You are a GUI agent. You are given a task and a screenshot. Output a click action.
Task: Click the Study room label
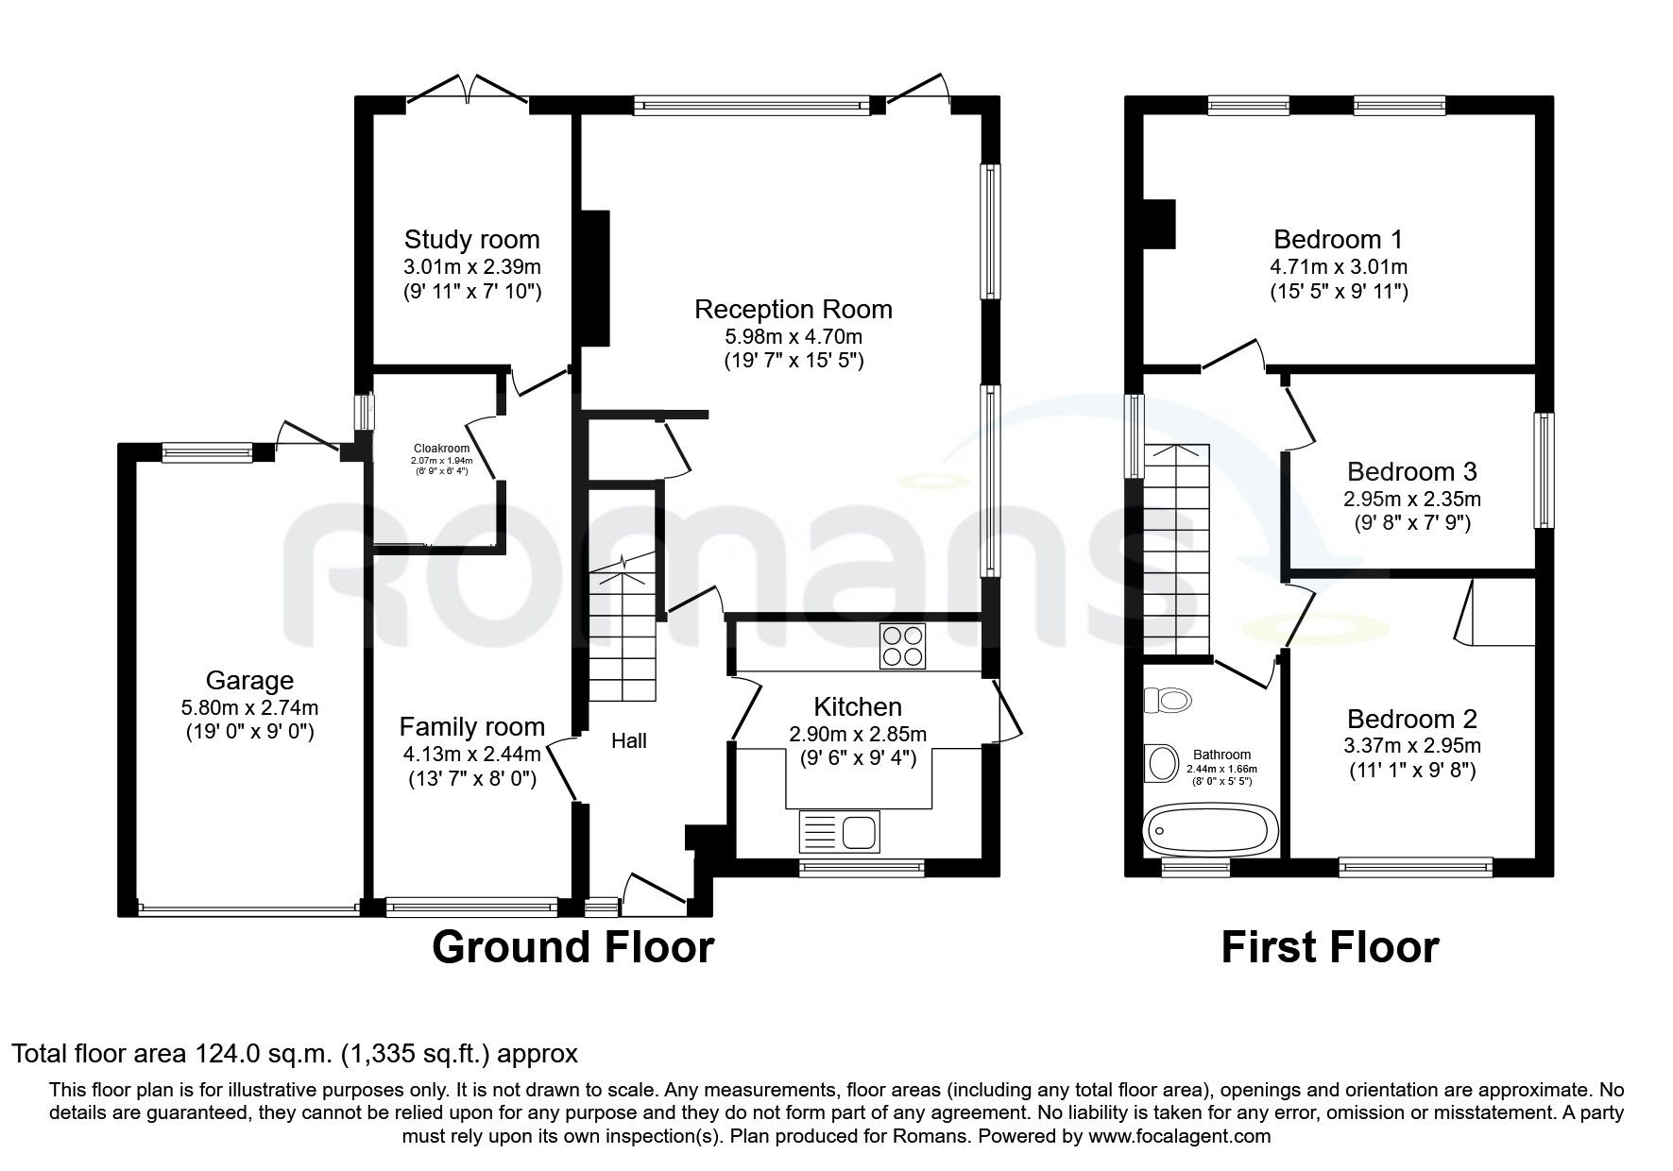click(471, 239)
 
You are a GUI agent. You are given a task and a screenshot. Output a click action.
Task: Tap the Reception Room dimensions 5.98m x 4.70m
click(793, 335)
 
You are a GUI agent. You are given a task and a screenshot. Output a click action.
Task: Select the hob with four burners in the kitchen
click(902, 647)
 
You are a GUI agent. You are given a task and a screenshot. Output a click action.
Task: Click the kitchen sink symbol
click(840, 832)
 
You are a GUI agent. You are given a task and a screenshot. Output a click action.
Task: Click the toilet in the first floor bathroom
click(1168, 701)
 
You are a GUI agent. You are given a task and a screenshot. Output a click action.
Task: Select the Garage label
click(249, 680)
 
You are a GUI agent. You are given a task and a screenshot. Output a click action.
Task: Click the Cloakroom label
click(441, 449)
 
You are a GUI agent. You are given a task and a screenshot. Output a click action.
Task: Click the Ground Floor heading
click(572, 947)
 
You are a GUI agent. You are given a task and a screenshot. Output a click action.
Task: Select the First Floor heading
click(1329, 947)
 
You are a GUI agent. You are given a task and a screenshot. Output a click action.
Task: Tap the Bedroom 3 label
click(1411, 471)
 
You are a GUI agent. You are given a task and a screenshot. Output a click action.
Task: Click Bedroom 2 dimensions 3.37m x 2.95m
click(1411, 746)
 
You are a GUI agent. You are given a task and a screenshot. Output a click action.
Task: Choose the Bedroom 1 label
click(1338, 239)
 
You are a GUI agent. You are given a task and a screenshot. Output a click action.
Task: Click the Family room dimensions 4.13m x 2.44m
click(471, 754)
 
